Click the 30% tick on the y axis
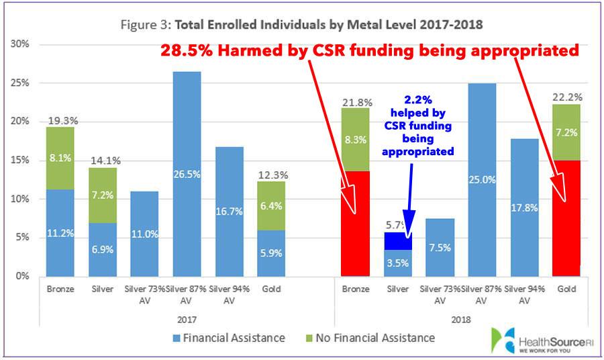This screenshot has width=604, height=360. pyautogui.click(x=19, y=44)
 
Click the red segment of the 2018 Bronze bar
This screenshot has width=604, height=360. pyautogui.click(x=356, y=224)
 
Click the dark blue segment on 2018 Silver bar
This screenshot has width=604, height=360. pyautogui.click(x=398, y=241)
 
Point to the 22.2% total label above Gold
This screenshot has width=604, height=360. pyautogui.click(x=566, y=97)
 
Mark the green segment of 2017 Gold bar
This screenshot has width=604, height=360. pyautogui.click(x=270, y=206)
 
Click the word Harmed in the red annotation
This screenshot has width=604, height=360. pyautogui.click(x=246, y=51)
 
